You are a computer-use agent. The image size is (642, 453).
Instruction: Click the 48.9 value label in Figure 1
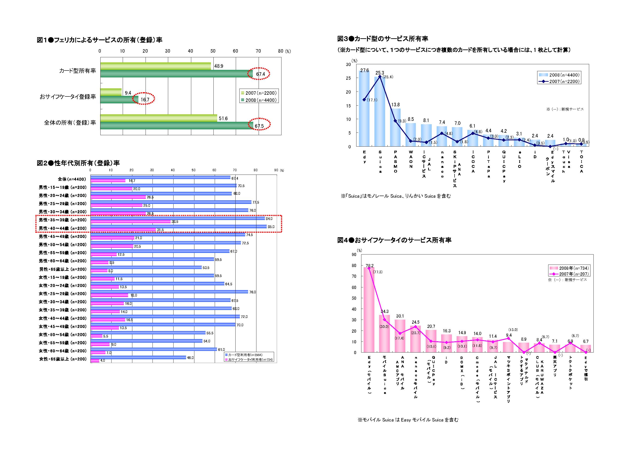pos(219,66)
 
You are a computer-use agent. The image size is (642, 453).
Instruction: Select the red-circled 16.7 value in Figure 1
pos(145,100)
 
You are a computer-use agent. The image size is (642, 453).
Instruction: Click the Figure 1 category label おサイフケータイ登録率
pos(68,97)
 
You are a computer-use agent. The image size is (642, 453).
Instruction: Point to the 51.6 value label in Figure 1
pos(223,118)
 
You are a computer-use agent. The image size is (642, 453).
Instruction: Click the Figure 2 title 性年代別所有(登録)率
pos(78,163)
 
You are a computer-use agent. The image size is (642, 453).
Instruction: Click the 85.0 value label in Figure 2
pos(271,227)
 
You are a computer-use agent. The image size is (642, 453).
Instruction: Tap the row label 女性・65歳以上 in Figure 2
pos(63,359)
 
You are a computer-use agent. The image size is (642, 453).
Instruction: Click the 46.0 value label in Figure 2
pos(190,358)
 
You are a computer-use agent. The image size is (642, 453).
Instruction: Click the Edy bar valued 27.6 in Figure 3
pos(364,109)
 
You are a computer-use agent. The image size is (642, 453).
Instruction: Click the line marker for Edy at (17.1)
pos(364,100)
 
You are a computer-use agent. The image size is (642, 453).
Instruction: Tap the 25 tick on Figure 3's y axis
pos(348,78)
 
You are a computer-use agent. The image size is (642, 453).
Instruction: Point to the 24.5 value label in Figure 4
pos(416,322)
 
